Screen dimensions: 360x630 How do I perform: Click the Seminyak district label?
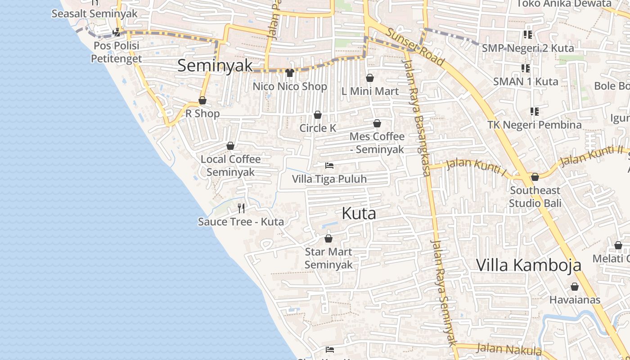[x=215, y=65]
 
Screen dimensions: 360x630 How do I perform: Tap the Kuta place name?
[x=359, y=213]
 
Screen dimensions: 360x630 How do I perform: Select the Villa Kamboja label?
[x=528, y=265]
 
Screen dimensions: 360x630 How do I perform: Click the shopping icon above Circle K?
[x=318, y=115]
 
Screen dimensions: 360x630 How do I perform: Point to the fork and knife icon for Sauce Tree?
[x=241, y=208]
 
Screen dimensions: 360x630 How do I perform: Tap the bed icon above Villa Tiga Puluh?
[x=329, y=166]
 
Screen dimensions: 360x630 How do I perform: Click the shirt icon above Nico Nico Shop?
[x=290, y=73]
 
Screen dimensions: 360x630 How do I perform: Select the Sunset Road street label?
[x=415, y=47]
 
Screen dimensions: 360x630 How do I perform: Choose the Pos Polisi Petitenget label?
[x=116, y=52]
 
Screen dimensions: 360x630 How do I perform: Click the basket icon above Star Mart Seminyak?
[x=328, y=238]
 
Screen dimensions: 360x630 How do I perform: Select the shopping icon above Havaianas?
[x=575, y=287]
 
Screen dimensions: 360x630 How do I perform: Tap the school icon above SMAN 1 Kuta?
[x=525, y=68]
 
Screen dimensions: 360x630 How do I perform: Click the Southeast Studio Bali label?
[x=535, y=197]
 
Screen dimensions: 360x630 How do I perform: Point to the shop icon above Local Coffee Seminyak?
[x=230, y=146]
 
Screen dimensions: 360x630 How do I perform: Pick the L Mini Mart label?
[x=370, y=91]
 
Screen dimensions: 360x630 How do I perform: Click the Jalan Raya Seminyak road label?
[x=443, y=292]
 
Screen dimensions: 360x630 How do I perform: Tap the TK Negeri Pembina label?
[x=535, y=125]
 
